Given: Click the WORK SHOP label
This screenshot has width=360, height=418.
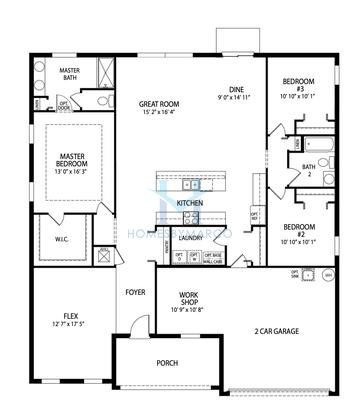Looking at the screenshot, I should (x=193, y=297).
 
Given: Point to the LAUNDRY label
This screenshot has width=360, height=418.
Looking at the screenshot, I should (x=191, y=238).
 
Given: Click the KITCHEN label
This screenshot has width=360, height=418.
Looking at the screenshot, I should (x=190, y=203).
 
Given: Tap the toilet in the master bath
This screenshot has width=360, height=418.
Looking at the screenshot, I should (x=32, y=103).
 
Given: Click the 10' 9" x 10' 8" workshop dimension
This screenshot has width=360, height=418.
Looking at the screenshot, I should (x=193, y=309).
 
